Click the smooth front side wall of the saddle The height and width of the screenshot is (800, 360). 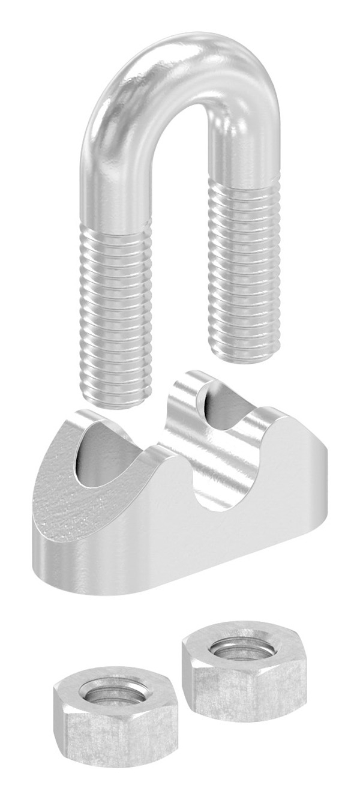[180, 546]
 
